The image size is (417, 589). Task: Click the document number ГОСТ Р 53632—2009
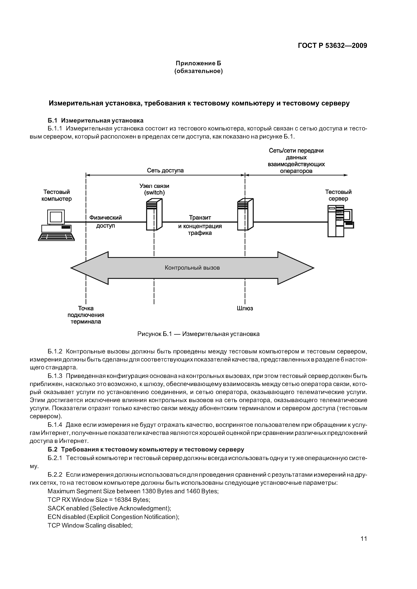[332, 46]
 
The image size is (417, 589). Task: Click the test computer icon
[56, 225]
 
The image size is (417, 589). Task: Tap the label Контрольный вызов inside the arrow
[192, 268]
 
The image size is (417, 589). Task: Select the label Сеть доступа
[165, 171]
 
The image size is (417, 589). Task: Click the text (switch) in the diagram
[154, 193]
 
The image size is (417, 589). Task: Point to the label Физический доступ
[105, 222]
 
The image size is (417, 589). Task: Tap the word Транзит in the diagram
[200, 218]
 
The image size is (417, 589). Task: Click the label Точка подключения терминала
[86, 315]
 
